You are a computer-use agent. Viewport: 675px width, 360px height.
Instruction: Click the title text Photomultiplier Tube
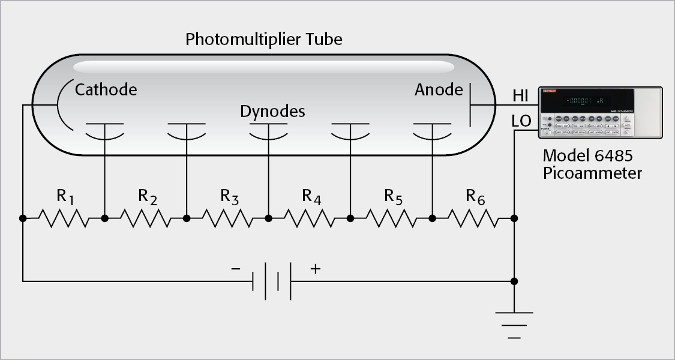click(263, 40)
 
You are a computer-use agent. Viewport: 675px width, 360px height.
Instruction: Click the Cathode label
click(106, 90)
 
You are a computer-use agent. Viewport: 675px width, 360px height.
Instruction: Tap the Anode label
click(439, 90)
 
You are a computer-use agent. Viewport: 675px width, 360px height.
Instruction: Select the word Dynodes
click(272, 112)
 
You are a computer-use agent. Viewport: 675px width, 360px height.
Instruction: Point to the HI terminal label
click(521, 95)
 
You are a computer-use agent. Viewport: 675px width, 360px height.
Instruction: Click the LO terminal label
click(521, 121)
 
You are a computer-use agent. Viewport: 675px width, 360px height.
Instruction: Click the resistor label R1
click(65, 196)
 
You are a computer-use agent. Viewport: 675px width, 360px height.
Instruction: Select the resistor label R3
click(229, 196)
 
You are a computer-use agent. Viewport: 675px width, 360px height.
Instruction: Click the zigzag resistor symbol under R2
click(146, 218)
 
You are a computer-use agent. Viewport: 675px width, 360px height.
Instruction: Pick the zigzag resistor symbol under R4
click(309, 218)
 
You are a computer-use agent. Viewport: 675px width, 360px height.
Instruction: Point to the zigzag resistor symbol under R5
click(391, 218)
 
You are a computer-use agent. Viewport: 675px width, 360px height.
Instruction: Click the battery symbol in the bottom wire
click(272, 280)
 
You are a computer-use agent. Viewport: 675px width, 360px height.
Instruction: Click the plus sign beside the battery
click(315, 269)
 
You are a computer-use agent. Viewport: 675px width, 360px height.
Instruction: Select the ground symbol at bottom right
click(514, 325)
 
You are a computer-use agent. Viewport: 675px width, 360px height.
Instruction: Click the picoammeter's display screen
click(577, 100)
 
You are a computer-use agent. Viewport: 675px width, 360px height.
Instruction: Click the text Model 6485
click(587, 156)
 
